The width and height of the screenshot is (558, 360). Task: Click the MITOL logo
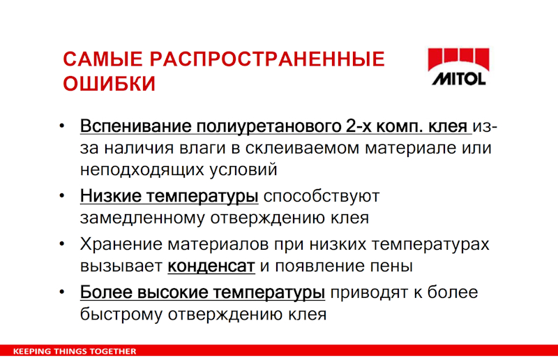tap(459, 67)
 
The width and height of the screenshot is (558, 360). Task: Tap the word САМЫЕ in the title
tap(103, 59)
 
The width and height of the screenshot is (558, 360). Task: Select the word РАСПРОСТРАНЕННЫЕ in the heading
tap(267, 59)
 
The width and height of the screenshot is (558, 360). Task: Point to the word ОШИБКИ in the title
tap(110, 84)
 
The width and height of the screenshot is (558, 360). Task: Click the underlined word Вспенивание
tap(135, 126)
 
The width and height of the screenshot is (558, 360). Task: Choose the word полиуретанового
tap(269, 127)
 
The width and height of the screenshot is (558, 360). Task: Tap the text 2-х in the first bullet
tap(359, 126)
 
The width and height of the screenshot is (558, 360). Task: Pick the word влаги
tap(202, 149)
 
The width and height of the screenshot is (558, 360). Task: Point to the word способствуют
tap(322, 197)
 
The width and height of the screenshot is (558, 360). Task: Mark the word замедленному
tap(142, 218)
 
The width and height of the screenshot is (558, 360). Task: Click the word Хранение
tap(121, 244)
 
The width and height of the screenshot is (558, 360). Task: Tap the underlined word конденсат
tap(211, 267)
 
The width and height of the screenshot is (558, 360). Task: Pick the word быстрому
tap(121, 315)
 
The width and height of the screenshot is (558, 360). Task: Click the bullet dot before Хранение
tap(62, 244)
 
